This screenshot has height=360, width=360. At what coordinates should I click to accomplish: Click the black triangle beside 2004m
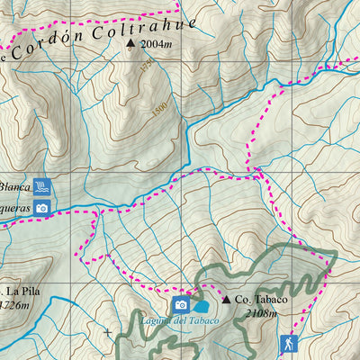coord(131,42)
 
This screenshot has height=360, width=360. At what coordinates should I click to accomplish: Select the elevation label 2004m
coord(157,42)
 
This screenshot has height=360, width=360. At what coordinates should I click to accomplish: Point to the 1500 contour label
coord(160,108)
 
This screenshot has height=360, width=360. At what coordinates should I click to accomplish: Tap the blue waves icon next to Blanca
coord(41,187)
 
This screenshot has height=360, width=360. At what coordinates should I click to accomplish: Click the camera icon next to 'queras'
coord(41,208)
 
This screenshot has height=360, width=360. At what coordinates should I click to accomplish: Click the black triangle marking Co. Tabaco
coord(226,299)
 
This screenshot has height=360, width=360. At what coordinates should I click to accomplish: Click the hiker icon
coord(288,343)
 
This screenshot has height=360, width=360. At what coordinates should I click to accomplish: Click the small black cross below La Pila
coord(109,332)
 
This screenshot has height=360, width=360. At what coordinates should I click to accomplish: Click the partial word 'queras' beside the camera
coord(15,207)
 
